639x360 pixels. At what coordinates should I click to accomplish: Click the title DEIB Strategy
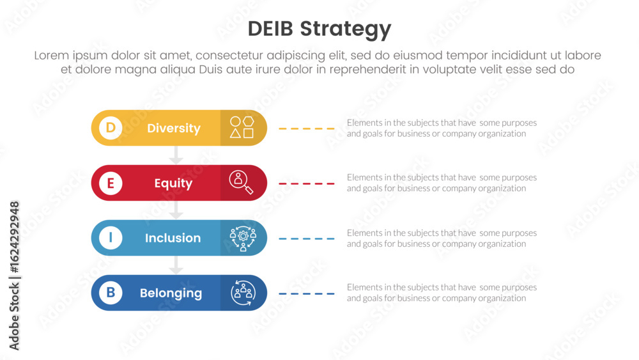tap(319, 29)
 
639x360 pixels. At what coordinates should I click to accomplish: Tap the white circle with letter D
tap(111, 128)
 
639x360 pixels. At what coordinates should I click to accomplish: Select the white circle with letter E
tap(111, 183)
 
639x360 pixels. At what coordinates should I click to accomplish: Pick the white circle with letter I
tap(111, 238)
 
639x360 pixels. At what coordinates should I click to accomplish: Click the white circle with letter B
tap(111, 293)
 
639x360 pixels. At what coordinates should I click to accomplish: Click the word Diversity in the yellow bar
tap(174, 128)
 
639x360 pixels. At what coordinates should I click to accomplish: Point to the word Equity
tap(173, 184)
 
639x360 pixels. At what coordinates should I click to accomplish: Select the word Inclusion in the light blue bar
tap(173, 238)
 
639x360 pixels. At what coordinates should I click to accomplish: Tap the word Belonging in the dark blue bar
tap(171, 293)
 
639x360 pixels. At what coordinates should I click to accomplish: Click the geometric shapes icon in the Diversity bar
tap(242, 127)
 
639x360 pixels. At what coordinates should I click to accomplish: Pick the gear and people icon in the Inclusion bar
tap(243, 239)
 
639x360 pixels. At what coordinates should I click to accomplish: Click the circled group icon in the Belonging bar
tap(243, 293)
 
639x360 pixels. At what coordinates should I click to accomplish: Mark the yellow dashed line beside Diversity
tap(307, 129)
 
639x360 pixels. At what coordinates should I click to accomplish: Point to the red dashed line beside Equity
tap(307, 184)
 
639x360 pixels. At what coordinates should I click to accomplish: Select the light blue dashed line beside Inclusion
tap(307, 239)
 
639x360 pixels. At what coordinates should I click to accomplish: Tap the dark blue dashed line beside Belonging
tap(307, 293)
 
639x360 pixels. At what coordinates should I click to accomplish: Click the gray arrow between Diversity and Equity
tap(176, 155)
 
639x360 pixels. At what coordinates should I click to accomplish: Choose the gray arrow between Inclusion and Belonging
tap(176, 265)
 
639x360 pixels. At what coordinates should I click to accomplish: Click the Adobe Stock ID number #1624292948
tap(14, 237)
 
